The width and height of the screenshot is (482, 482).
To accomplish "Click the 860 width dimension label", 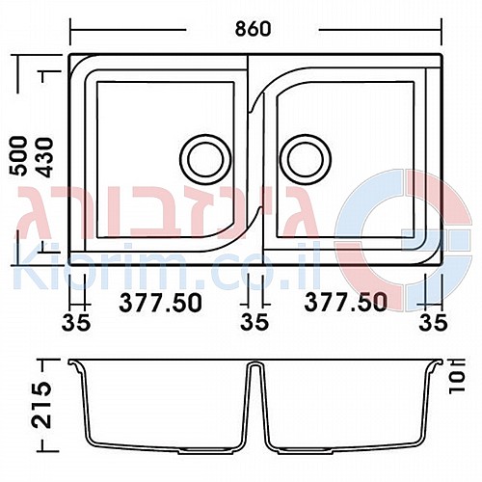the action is click(254, 29).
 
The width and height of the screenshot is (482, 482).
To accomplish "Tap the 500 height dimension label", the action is click(17, 156).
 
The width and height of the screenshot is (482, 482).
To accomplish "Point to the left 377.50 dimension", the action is click(161, 303).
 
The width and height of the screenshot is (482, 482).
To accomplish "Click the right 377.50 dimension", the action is click(345, 302).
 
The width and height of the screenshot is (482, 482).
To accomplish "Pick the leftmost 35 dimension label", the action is click(76, 322).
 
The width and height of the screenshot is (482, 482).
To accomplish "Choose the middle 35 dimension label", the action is click(254, 321).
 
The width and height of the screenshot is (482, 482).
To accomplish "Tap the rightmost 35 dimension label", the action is click(433, 322).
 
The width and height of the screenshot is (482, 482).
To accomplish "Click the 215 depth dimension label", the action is click(42, 405).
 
